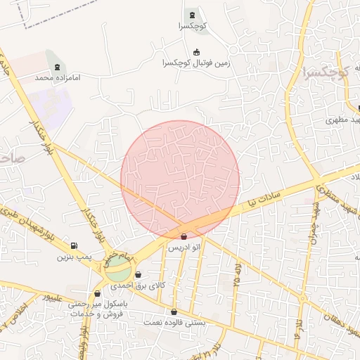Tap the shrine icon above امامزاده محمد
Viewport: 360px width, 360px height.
click(x=49, y=56)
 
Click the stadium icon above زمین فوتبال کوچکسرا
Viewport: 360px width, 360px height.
click(x=195, y=50)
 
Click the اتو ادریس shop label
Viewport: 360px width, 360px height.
click(x=184, y=248)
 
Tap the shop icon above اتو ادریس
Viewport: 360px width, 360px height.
click(x=184, y=237)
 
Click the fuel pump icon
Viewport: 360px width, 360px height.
click(x=75, y=245)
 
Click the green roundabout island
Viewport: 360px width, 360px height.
click(x=118, y=267)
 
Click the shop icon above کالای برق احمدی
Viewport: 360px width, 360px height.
click(x=138, y=275)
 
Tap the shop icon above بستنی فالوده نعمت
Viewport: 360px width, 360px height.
click(x=174, y=311)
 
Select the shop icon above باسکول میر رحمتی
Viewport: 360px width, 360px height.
click(x=97, y=293)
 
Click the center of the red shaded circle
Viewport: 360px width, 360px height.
click(x=180, y=179)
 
